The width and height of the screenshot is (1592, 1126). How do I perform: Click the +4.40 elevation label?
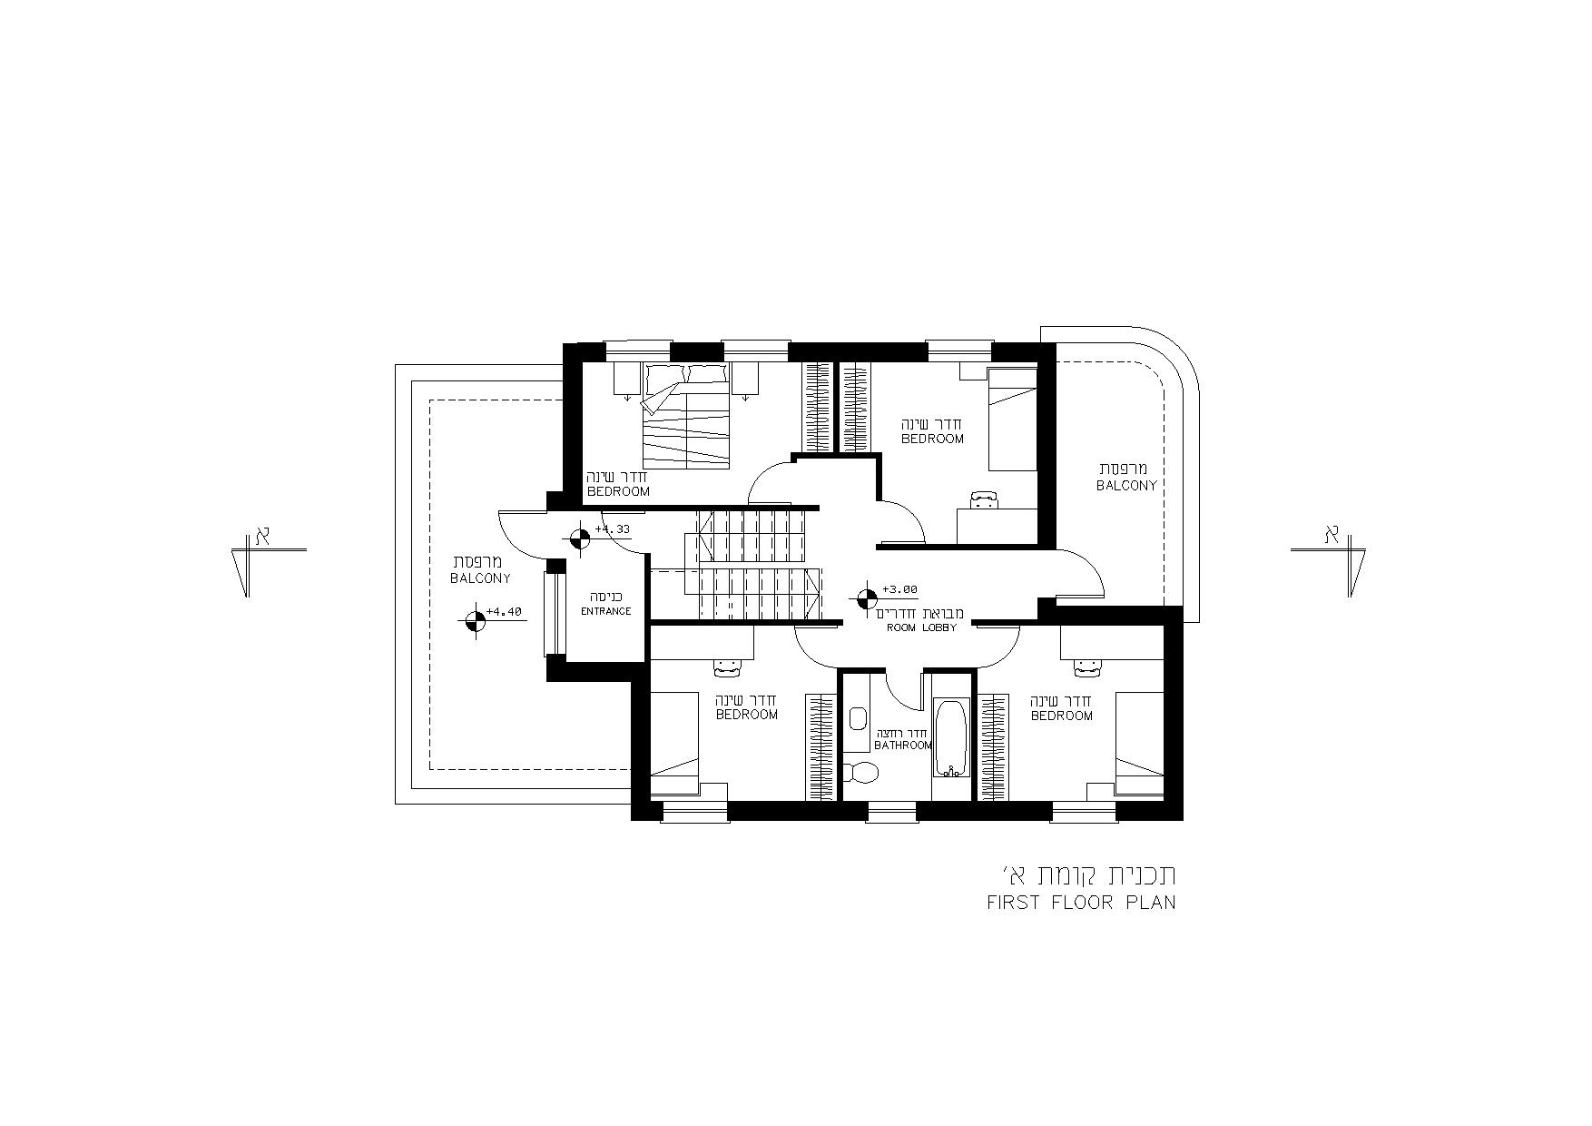pos(504,612)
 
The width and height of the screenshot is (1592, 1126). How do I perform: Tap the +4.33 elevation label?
pos(612,528)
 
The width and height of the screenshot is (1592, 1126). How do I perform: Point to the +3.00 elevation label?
pos(899,589)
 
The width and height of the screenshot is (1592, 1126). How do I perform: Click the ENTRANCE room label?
pos(606,611)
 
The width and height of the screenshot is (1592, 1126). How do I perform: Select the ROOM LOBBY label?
pos(921,627)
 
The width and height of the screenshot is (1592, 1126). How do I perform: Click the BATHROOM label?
pos(902,746)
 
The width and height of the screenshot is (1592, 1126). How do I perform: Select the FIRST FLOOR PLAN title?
pos(1081,903)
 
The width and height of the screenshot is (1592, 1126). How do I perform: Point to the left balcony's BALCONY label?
pos(481,578)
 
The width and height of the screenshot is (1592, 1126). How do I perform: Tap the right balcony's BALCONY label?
pos(1126,486)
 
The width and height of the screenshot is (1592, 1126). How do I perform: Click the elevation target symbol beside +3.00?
pos(867,598)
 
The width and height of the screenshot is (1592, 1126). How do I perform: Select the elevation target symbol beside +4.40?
pos(473,621)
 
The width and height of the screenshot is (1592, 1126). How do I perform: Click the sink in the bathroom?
pos(857,720)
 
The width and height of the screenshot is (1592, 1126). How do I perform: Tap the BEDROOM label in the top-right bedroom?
pos(932,439)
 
